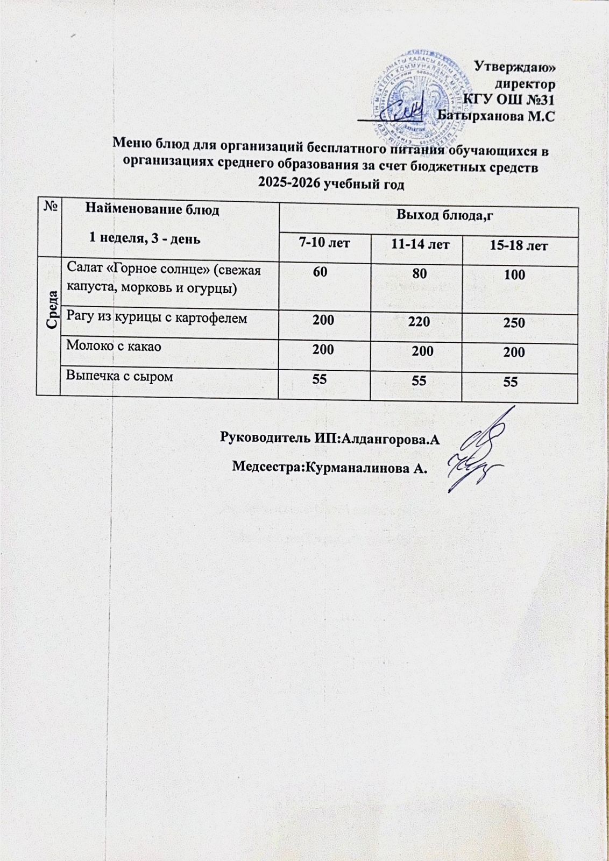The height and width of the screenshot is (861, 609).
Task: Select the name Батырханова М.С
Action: coord(495,115)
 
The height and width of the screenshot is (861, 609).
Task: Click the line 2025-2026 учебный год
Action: coord(331,184)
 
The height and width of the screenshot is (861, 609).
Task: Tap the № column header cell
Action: coord(49,205)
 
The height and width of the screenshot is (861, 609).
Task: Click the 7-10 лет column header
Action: coord(324,243)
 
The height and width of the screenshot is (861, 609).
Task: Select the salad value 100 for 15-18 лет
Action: coord(515,275)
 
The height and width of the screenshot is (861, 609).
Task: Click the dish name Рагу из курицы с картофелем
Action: coord(157,317)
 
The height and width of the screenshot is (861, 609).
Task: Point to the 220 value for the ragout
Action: coord(419,322)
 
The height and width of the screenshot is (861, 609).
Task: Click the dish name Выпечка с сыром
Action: coord(119,376)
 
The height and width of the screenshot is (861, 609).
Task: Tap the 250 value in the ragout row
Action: coord(515,323)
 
